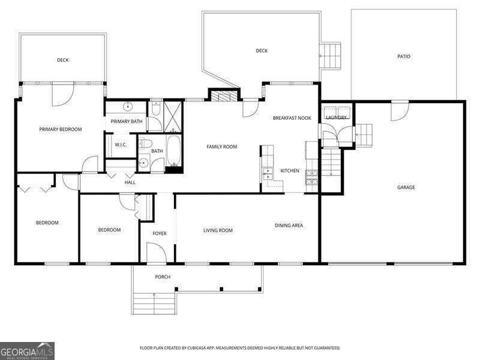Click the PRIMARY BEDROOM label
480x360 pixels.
click(x=60, y=129)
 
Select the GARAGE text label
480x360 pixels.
click(x=406, y=187)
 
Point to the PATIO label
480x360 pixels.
click(x=404, y=56)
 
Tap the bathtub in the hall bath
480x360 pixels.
click(x=174, y=151)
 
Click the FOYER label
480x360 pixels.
click(x=159, y=233)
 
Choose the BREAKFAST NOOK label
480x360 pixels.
click(x=291, y=118)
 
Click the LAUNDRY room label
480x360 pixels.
click(x=337, y=118)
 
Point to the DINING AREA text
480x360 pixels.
click(x=289, y=226)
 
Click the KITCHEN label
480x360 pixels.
click(x=290, y=171)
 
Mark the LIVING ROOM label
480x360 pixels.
click(x=218, y=230)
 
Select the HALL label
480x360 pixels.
click(x=130, y=182)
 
